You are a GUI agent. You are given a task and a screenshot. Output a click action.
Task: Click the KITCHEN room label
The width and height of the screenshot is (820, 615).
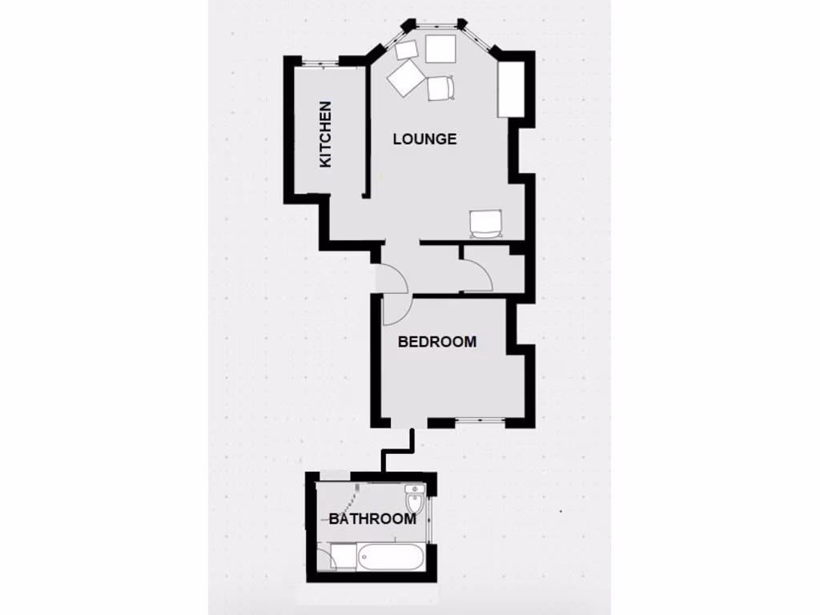pyautogui.click(x=325, y=134)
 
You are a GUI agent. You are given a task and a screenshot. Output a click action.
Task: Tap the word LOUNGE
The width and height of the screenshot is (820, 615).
pyautogui.click(x=424, y=139)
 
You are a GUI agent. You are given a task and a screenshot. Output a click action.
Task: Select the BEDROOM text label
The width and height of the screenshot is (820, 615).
pyautogui.click(x=437, y=342)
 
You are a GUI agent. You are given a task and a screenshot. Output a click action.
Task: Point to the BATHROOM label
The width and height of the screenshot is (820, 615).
pyautogui.click(x=372, y=519)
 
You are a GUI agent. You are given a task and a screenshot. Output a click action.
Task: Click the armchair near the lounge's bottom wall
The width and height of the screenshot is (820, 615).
pyautogui.click(x=486, y=223)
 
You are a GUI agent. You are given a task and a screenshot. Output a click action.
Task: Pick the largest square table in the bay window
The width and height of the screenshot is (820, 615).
pyautogui.click(x=440, y=49)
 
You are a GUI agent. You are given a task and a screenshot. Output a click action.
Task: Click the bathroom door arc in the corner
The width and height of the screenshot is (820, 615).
pyautogui.click(x=324, y=558)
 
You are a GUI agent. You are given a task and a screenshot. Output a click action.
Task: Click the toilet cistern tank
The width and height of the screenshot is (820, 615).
pyautogui.click(x=414, y=488)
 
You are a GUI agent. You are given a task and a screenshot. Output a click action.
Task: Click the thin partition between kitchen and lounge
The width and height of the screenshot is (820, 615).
pyautogui.click(x=366, y=132)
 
